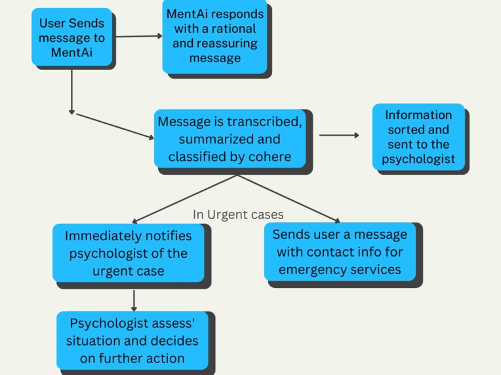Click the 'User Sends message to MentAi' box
(72, 38)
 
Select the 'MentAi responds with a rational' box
(215, 36)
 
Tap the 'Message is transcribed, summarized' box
(230, 139)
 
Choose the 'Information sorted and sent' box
(418, 137)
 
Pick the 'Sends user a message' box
(340, 251)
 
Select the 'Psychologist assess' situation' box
(134, 340)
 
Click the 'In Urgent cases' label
(238, 214)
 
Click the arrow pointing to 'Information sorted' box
(339, 135)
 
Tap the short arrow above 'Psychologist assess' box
(134, 300)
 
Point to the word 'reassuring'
(215, 44)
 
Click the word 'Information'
(418, 115)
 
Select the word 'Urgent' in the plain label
(227, 214)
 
